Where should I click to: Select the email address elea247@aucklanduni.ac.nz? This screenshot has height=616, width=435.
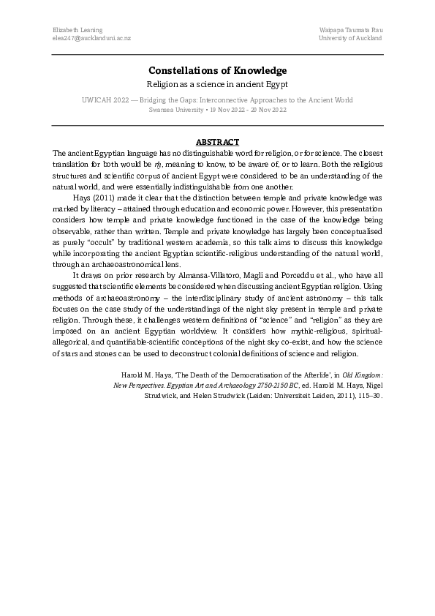[91, 38]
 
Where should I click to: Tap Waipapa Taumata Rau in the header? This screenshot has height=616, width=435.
[351, 29]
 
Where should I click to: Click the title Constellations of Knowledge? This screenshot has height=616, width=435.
[217, 70]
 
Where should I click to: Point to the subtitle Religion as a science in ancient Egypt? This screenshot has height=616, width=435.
[217, 85]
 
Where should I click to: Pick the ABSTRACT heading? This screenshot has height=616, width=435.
[217, 141]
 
